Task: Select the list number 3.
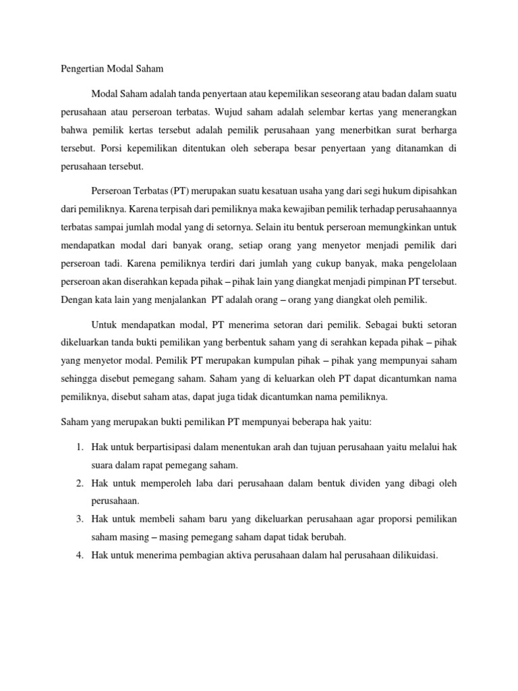point(79,518)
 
